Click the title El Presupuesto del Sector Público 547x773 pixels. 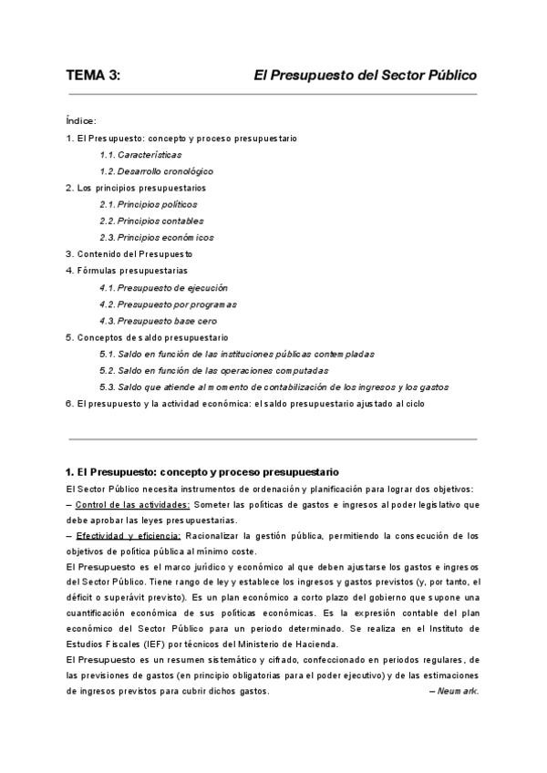click(365, 76)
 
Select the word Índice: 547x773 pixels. click(82, 121)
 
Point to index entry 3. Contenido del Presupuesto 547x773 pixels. click(129, 254)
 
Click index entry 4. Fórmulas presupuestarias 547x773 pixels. click(127, 271)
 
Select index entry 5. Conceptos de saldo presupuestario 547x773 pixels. click(147, 337)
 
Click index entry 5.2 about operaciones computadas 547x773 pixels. click(214, 370)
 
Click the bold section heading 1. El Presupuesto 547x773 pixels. click(202, 471)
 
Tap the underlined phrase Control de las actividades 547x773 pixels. click(132, 505)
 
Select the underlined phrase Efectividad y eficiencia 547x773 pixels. click(129, 536)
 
